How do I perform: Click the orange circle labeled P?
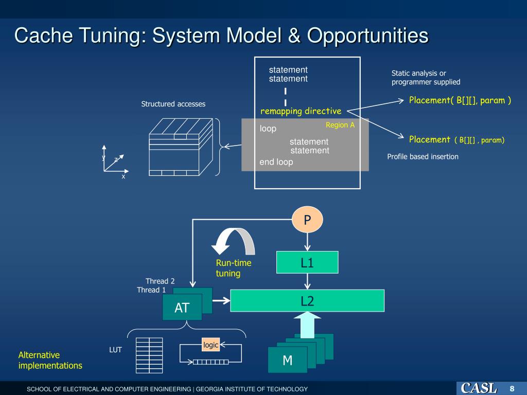(x=307, y=221)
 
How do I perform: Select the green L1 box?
(x=307, y=262)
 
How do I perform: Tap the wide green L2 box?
(x=307, y=301)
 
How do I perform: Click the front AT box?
(x=182, y=308)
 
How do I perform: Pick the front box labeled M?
(x=287, y=360)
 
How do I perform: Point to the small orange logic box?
(x=210, y=345)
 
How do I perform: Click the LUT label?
(x=115, y=350)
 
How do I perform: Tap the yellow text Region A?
(x=340, y=125)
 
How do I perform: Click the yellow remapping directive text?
(x=301, y=111)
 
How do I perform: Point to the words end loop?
(x=276, y=162)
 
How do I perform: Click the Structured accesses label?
(x=173, y=104)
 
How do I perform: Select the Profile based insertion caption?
(x=423, y=156)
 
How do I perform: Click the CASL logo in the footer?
(x=478, y=388)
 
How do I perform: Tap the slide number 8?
(x=512, y=388)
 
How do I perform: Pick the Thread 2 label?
(x=160, y=281)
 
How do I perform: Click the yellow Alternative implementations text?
(x=50, y=360)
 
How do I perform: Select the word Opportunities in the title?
(x=368, y=35)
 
